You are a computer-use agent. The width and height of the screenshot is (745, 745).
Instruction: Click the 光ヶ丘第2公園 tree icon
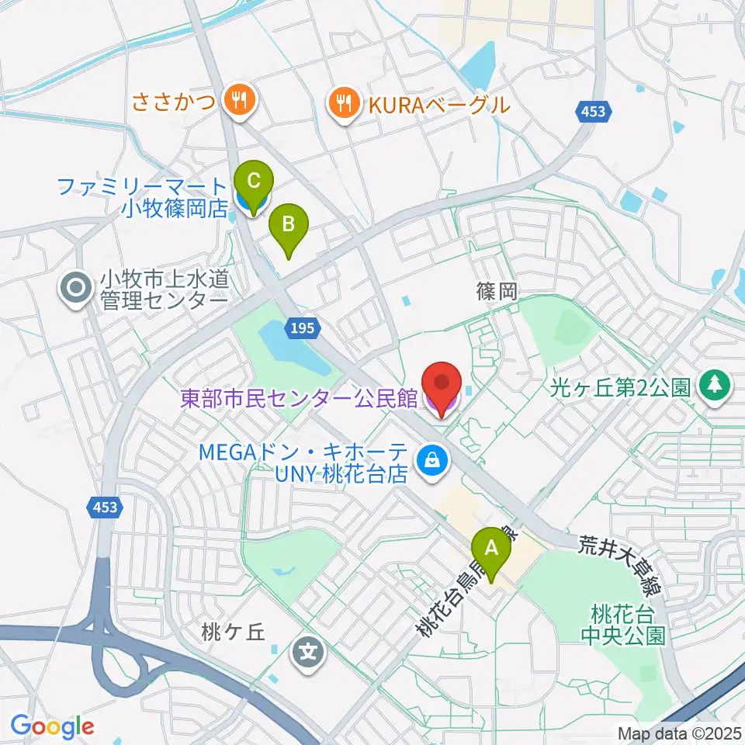[715, 386]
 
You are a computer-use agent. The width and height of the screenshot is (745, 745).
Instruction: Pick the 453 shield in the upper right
[593, 113]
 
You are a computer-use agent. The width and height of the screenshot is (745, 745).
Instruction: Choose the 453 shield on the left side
[103, 508]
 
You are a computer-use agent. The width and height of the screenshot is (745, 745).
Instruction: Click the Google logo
[53, 726]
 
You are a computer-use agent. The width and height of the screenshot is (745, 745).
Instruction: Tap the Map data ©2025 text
[679, 732]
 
